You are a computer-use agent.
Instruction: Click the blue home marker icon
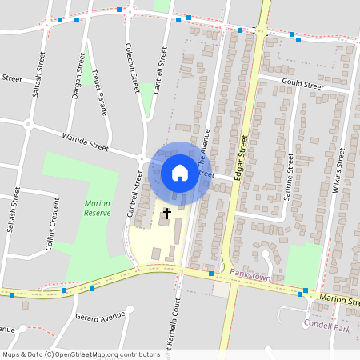[179, 173]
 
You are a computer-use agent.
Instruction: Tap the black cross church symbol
[167, 214]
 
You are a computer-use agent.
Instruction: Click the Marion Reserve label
[97, 208]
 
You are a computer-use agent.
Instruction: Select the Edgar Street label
[242, 158]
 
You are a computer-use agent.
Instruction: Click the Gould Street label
[302, 86]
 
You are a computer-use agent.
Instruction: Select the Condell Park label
[328, 325]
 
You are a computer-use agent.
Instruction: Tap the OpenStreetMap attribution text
[81, 354]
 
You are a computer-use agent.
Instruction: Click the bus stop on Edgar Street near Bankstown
[211, 274]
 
